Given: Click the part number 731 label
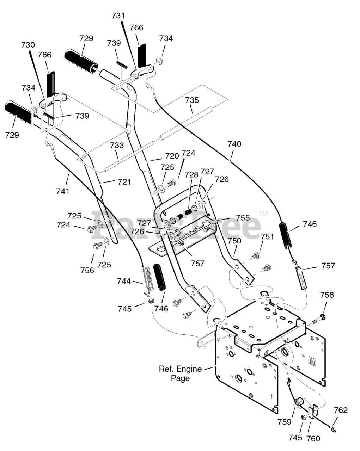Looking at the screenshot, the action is tap(118, 16).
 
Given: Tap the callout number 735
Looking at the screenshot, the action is tap(192, 100).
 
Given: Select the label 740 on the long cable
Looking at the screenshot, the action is tap(234, 144).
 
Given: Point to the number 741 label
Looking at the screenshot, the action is tap(63, 191).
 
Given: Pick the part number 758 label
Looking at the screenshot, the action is tap(327, 295).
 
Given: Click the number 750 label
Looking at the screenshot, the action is tap(234, 241).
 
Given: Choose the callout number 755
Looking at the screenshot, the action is tap(243, 218).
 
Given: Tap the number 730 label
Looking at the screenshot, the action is tap(28, 45).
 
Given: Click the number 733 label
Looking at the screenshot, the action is tap(117, 145).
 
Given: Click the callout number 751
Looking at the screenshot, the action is tap(267, 237).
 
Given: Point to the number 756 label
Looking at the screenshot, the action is tap(87, 270).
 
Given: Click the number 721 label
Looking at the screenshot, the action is tap(124, 182).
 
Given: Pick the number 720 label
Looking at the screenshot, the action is tap(172, 156).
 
